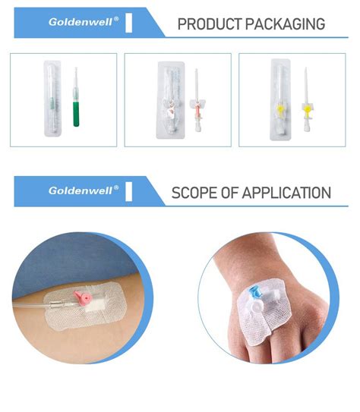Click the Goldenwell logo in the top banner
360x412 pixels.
pos(84,22)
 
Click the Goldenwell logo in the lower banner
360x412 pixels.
pos(84,190)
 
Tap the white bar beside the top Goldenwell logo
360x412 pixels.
pos(128,22)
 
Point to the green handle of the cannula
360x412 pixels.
pos(76,114)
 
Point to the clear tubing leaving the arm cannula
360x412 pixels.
pos(38,307)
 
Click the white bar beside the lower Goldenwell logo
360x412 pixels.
pos(128,190)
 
